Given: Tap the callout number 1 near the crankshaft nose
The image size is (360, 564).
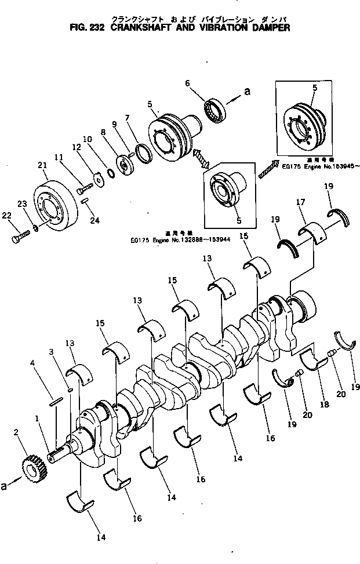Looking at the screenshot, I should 37,417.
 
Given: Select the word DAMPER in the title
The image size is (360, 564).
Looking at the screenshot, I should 271,27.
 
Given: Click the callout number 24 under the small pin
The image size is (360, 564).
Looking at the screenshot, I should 95,220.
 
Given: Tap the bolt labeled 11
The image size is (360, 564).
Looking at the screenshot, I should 85,187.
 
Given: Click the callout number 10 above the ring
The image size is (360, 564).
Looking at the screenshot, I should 88,139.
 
